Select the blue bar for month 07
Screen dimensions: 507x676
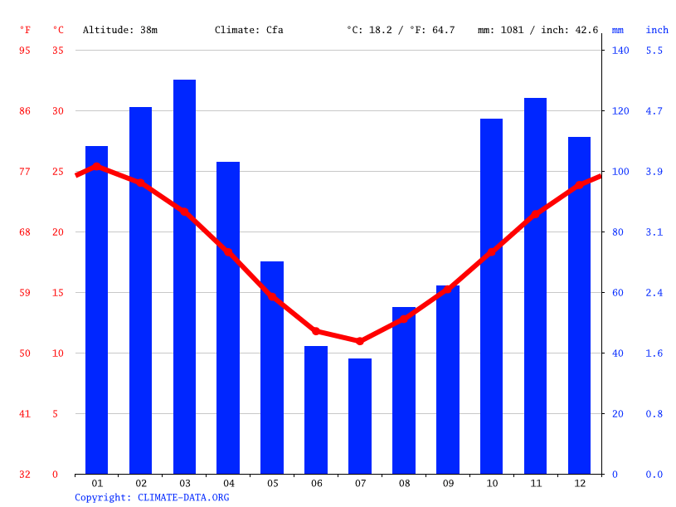click(x=360, y=416)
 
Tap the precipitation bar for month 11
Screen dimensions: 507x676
click(x=535, y=285)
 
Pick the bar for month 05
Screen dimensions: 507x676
click(x=272, y=368)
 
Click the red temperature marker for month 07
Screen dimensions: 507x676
click(x=360, y=341)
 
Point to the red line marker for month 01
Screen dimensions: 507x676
click(x=97, y=167)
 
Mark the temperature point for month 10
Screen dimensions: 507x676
click(x=491, y=251)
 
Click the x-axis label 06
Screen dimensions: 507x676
click(x=316, y=483)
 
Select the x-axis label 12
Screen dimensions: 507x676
click(x=579, y=483)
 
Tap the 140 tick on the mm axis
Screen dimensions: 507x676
click(x=620, y=51)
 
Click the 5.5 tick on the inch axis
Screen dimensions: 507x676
click(x=654, y=51)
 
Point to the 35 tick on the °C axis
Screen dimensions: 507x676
click(x=57, y=51)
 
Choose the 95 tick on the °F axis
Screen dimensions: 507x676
click(x=25, y=51)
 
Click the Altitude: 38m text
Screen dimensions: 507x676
click(x=120, y=30)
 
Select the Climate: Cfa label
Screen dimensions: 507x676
click(x=249, y=30)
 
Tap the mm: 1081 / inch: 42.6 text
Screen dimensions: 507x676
click(x=537, y=30)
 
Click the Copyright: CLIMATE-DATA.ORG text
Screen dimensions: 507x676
click(x=152, y=497)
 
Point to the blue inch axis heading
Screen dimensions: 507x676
click(x=657, y=30)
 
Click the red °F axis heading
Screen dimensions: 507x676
click(x=26, y=30)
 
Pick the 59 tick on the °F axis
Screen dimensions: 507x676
click(x=25, y=293)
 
